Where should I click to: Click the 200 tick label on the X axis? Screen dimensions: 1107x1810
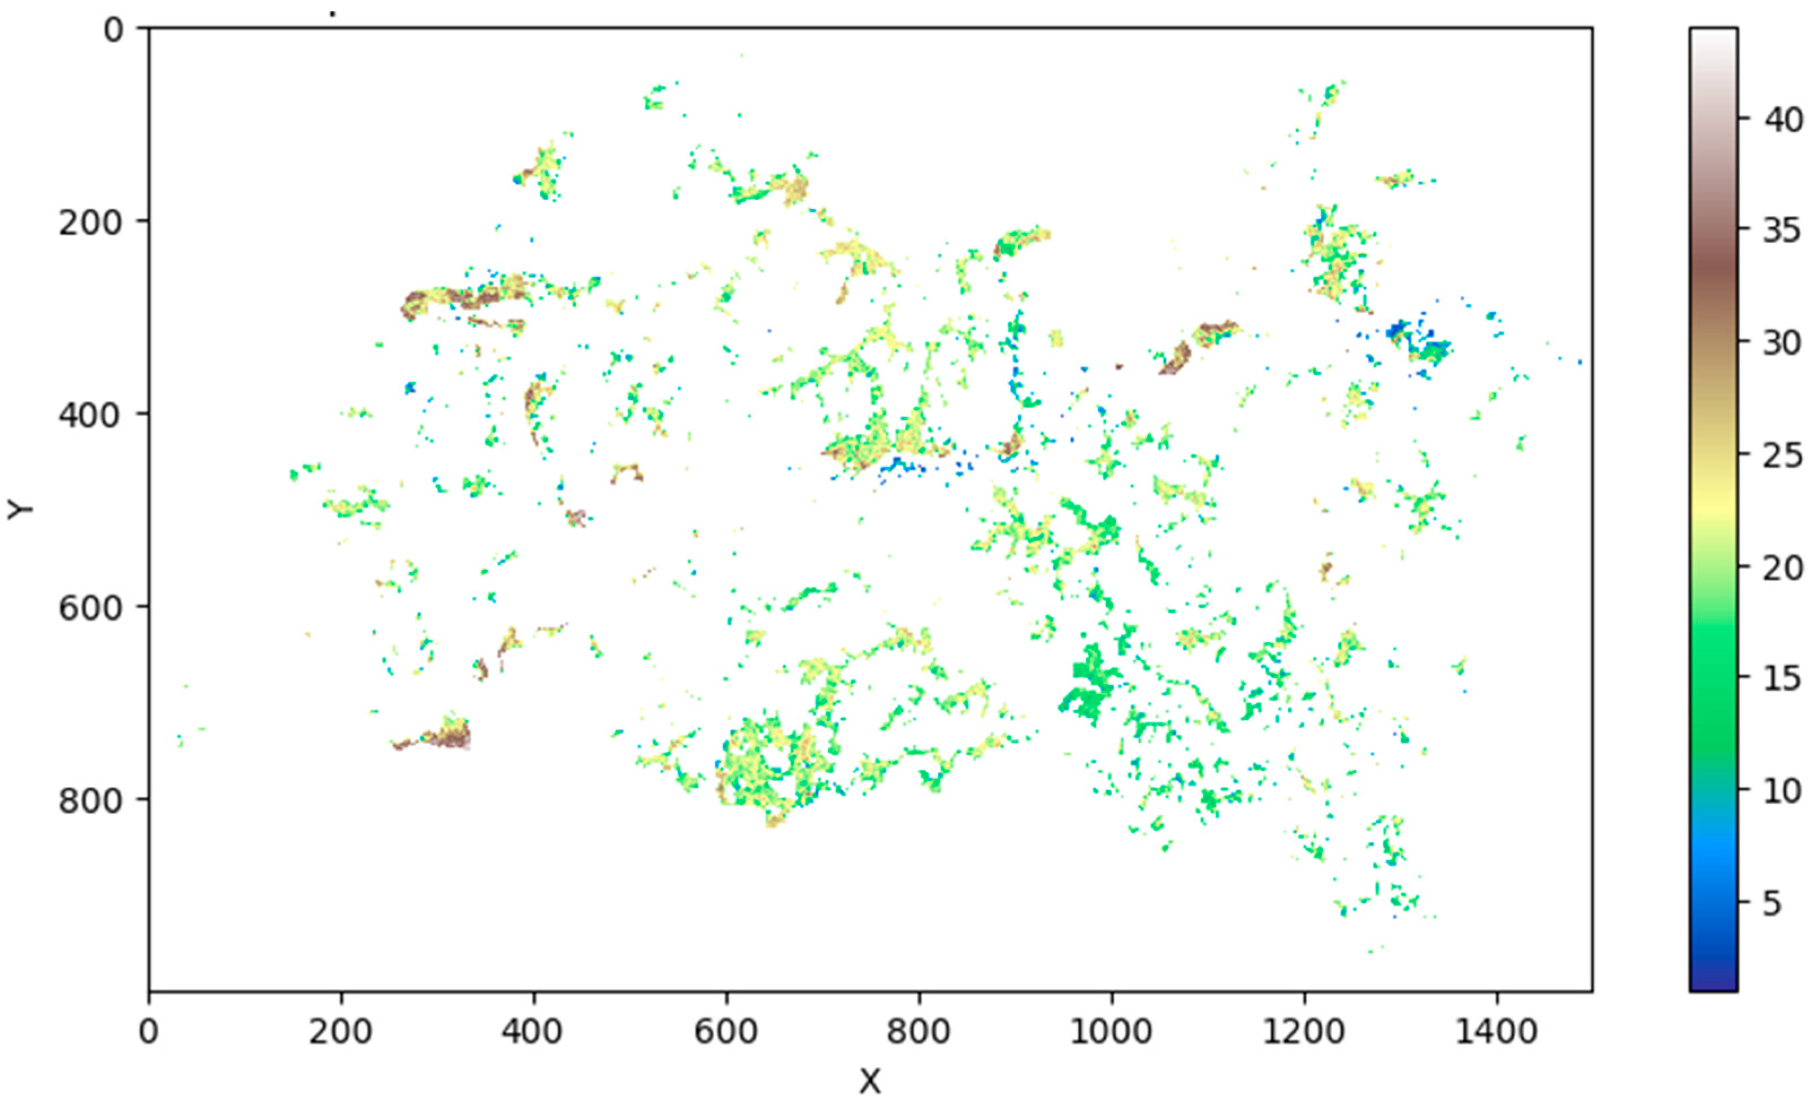coord(340,1032)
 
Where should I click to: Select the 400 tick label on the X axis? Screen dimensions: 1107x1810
coord(533,1032)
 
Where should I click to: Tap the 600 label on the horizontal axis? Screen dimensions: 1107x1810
coord(726,1032)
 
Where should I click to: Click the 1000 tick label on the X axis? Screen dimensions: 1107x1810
coord(1111,1032)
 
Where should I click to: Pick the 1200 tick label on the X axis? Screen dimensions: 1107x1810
coord(1304,1032)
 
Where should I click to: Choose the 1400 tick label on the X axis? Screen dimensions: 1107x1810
coord(1496,1032)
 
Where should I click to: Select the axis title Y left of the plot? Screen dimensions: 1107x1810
coord(20,509)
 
